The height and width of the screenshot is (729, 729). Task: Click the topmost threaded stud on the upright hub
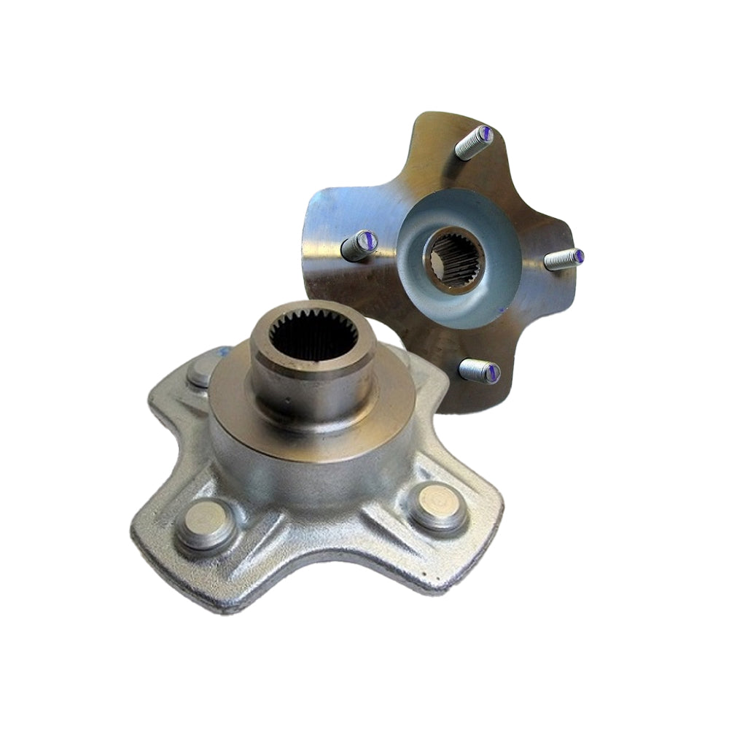(472, 144)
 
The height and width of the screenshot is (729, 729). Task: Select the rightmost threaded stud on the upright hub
(563, 259)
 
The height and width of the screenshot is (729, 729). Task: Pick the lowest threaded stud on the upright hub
(478, 370)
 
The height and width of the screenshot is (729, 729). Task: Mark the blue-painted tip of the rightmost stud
(577, 256)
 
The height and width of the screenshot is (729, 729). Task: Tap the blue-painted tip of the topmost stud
(484, 134)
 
